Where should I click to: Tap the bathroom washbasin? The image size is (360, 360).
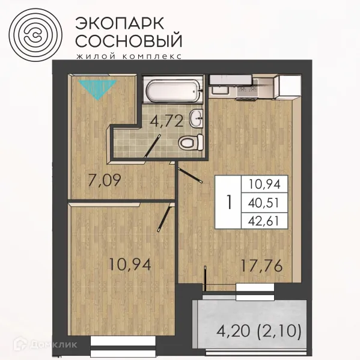pyautogui.click(x=196, y=119)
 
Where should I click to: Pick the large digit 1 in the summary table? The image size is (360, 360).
pyautogui.click(x=228, y=202)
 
